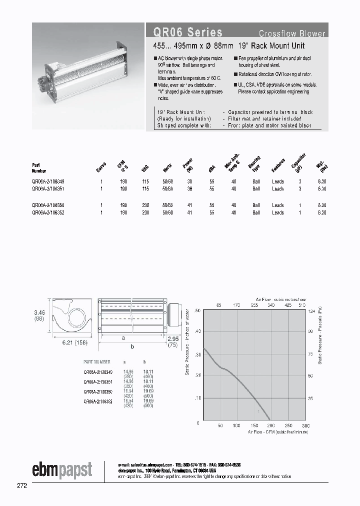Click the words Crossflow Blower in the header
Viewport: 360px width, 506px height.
tap(291, 34)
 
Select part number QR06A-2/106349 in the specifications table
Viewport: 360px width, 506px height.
tap(47, 181)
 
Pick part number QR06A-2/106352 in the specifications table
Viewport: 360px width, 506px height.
tap(47, 212)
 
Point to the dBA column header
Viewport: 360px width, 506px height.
tap(211, 168)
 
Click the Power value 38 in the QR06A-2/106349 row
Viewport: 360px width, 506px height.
tap(189, 181)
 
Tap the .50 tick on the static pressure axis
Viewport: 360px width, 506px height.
tap(196, 311)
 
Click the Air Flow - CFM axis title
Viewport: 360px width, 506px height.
tap(275, 431)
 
